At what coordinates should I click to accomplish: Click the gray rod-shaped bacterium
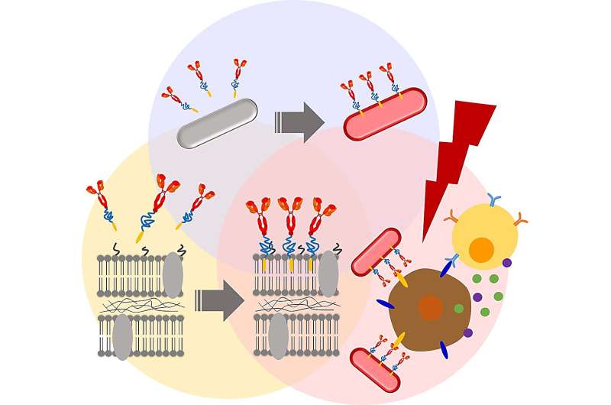click(217, 123)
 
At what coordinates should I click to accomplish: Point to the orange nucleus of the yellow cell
click(480, 250)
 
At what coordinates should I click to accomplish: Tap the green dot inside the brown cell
click(459, 308)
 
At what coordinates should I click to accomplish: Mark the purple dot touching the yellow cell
click(506, 263)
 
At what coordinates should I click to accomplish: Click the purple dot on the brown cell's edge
click(467, 332)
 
